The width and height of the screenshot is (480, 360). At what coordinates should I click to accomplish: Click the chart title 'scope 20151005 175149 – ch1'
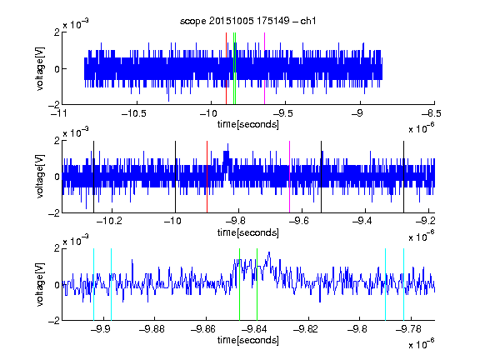tap(247, 21)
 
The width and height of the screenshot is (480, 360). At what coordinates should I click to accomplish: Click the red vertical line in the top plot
tap(226, 68)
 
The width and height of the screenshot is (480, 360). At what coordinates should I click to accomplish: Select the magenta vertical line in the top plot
tap(264, 68)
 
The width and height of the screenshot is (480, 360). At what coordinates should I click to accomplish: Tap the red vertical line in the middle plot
tap(207, 177)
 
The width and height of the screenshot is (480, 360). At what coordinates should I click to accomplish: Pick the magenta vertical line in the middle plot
tap(290, 177)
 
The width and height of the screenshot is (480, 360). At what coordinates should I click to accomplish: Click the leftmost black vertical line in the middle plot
tap(93, 177)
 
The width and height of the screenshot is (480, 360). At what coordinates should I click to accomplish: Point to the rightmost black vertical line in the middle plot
tap(403, 177)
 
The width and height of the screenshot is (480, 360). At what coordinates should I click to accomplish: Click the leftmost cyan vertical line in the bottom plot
tap(93, 284)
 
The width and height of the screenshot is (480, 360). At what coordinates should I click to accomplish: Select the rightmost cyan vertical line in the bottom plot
tap(404, 284)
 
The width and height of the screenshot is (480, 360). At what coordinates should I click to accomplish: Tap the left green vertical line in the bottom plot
tap(239, 284)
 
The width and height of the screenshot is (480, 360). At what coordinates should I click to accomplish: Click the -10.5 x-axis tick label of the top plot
tap(134, 113)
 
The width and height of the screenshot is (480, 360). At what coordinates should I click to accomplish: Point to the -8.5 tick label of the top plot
tap(432, 113)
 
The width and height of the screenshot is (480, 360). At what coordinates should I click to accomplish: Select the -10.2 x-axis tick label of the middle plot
tap(109, 221)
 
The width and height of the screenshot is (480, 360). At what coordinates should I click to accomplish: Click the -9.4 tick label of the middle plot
tap(362, 221)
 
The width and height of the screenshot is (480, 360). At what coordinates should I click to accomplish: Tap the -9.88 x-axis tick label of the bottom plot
tap(152, 329)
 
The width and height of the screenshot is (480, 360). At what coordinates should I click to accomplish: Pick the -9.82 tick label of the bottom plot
tap(306, 329)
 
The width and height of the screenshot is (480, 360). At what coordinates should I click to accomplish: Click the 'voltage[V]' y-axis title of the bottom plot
tap(40, 284)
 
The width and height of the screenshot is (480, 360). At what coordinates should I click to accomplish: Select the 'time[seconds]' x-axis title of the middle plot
tap(248, 232)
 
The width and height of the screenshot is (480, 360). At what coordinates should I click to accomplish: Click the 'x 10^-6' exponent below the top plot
tap(422, 127)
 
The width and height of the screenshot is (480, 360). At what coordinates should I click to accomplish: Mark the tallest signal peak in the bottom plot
tap(269, 252)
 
